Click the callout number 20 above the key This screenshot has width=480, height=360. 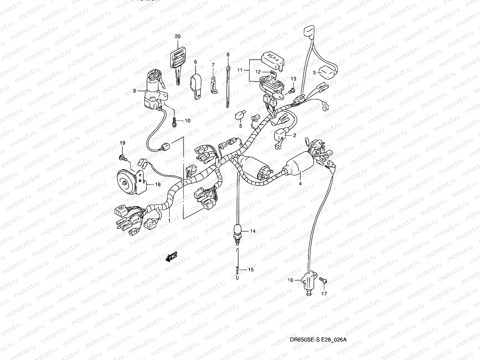178,36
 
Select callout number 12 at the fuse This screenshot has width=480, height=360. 258,72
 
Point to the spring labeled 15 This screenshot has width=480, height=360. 238,270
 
